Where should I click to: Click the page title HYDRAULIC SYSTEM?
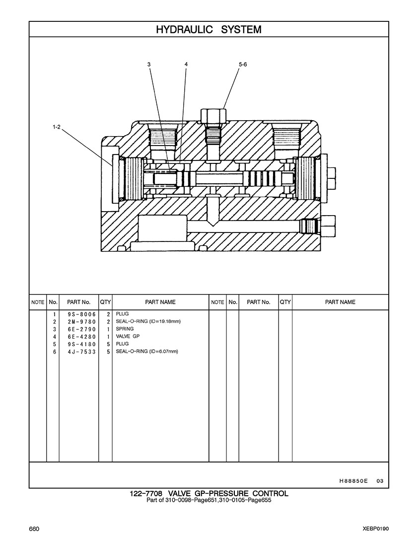208,29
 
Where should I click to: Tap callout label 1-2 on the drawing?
57,127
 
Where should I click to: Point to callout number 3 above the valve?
149,64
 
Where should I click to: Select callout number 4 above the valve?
186,64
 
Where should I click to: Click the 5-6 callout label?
243,64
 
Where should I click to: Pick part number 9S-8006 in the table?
82,314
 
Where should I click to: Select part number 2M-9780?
82,322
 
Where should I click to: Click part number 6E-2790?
82,329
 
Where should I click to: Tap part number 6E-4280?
82,337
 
